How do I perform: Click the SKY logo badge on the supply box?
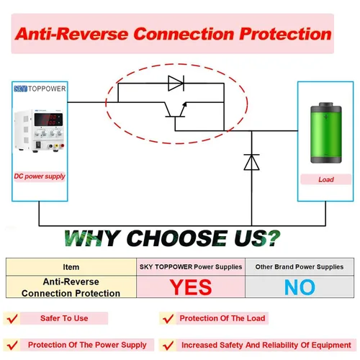coord(20,89)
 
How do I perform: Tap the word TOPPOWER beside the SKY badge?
coord(47,89)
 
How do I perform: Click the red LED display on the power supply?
coord(48,120)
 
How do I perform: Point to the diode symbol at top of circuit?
coord(176,84)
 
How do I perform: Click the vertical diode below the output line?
coord(251,162)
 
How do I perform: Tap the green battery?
coord(326,133)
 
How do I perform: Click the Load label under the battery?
coord(326,179)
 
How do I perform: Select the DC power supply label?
coord(40,176)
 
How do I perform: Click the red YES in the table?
coord(191,287)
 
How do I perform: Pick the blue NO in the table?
coord(300,287)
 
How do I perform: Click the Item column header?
coord(71,267)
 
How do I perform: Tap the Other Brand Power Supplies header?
coord(300,267)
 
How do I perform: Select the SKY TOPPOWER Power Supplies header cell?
coord(191,267)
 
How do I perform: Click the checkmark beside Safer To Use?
coord(12,318)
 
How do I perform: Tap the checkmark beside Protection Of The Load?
coord(168,319)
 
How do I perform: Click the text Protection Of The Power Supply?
coord(87,345)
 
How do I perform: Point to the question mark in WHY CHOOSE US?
coord(273,238)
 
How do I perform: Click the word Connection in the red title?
coord(184,34)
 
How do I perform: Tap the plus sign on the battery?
coord(325,117)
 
